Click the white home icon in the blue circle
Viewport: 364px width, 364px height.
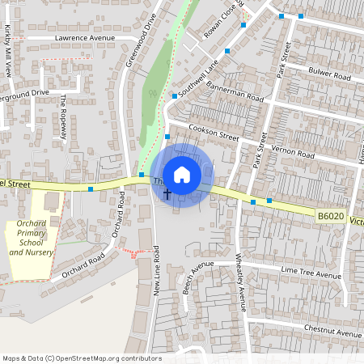182,174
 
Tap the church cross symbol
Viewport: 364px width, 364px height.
168,194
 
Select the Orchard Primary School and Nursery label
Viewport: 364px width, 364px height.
32,238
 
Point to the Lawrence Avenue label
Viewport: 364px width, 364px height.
84,38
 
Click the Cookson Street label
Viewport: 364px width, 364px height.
214,132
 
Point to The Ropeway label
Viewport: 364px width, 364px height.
64,117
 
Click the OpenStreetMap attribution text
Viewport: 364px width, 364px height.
82,358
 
